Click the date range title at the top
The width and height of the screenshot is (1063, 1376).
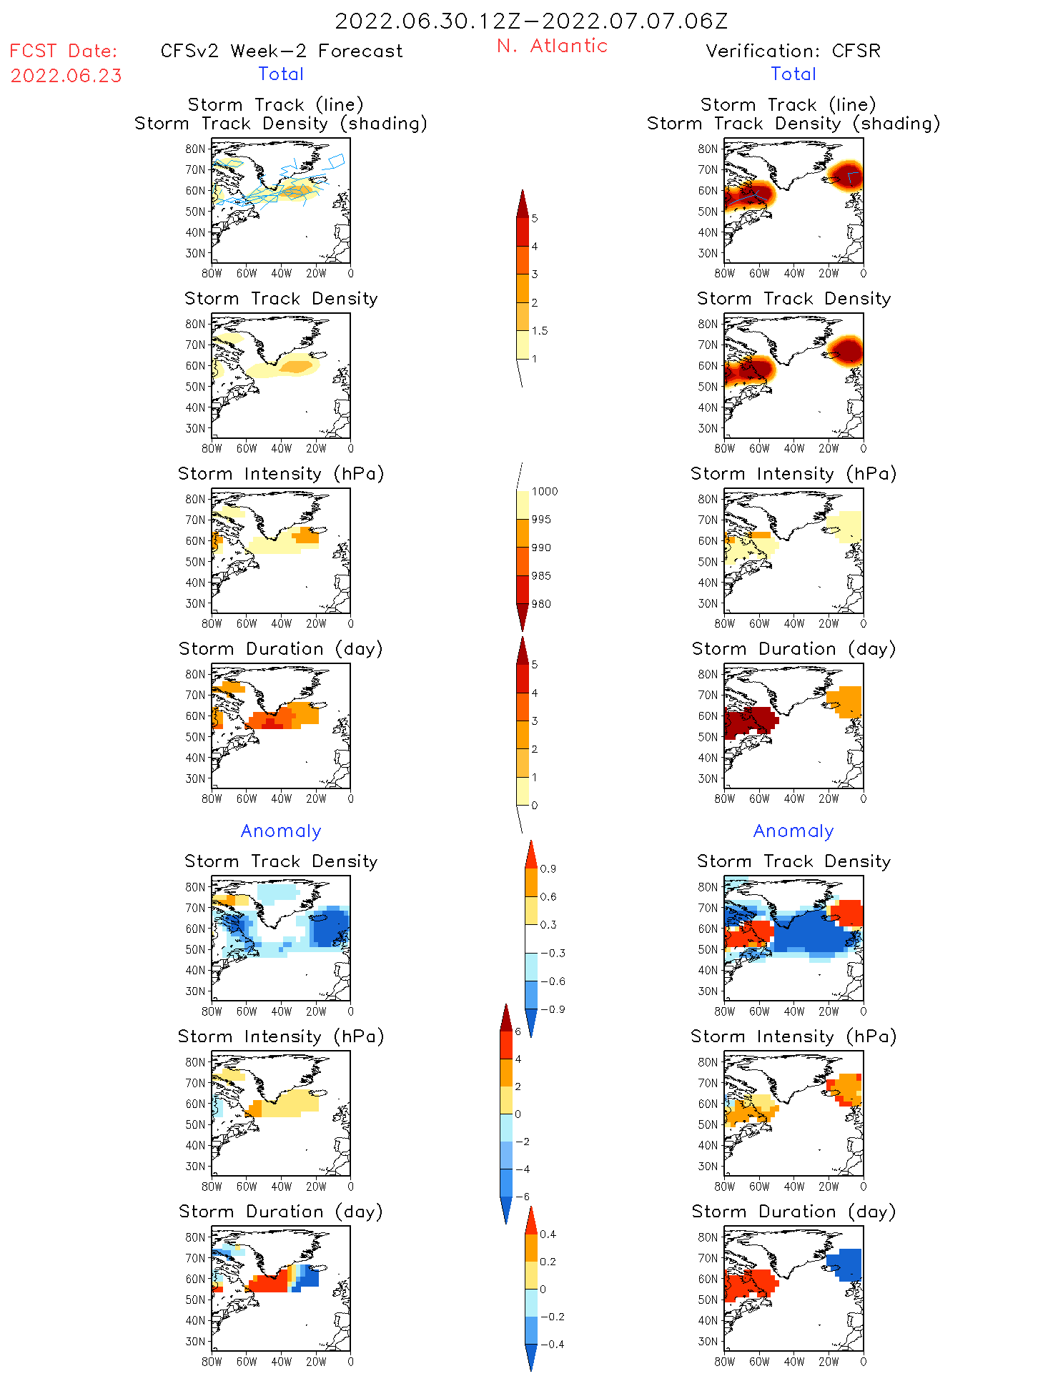(531, 21)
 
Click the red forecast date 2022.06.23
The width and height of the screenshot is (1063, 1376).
(66, 76)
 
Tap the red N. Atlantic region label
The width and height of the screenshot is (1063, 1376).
(552, 46)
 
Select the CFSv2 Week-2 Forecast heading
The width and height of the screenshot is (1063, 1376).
(282, 51)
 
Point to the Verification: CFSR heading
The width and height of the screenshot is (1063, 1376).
(793, 51)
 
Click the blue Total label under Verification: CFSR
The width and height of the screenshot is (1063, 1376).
(793, 74)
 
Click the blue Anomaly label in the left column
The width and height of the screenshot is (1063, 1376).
(281, 831)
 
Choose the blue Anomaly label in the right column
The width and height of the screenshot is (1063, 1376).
(793, 831)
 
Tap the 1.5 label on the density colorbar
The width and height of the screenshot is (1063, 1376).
(540, 331)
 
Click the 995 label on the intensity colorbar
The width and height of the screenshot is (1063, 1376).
(541, 520)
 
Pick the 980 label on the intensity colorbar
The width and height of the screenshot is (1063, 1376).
(541, 604)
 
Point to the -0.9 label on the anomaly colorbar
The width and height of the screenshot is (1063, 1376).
(552, 1009)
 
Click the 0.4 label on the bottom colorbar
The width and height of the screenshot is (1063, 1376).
(548, 1234)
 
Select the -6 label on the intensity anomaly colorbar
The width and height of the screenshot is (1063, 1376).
(523, 1197)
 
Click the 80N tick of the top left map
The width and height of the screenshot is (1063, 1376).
(195, 149)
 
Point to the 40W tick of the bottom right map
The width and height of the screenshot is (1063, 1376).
(793, 1362)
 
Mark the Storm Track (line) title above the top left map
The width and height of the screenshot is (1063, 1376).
(275, 104)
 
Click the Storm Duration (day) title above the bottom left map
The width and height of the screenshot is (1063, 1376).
(281, 1212)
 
